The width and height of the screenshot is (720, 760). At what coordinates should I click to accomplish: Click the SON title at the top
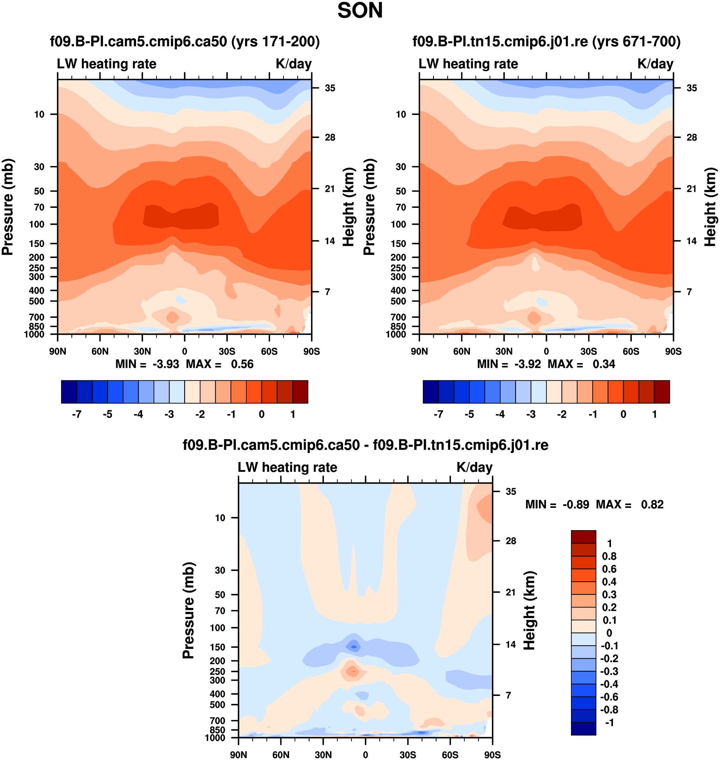360,11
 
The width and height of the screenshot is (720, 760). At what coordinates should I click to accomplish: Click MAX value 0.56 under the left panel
242,364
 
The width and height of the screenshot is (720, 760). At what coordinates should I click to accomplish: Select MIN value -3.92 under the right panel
528,364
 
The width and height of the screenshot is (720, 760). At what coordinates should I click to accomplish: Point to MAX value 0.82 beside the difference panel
652,504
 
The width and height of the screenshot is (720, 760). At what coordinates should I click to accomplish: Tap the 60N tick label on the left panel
100,351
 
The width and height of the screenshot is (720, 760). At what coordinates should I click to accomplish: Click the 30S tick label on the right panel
588,351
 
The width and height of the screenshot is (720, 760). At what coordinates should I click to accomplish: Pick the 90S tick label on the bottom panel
492,755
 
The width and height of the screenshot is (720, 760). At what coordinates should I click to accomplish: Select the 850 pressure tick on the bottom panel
217,730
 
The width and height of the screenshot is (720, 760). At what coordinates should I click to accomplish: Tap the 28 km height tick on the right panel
692,137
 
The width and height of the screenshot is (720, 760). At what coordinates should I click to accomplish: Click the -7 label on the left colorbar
77,414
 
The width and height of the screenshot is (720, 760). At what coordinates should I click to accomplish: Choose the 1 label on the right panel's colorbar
654,414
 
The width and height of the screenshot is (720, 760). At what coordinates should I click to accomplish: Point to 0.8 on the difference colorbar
609,556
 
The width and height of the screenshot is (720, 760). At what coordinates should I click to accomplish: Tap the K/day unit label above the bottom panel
474,467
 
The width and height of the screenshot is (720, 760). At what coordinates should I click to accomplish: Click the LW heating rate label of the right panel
468,64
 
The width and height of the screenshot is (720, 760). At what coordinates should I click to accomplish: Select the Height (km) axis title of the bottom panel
529,610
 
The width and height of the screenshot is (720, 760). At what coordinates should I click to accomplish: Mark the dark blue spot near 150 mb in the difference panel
354,647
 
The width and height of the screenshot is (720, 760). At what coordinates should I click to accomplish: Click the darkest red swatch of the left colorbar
300,392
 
